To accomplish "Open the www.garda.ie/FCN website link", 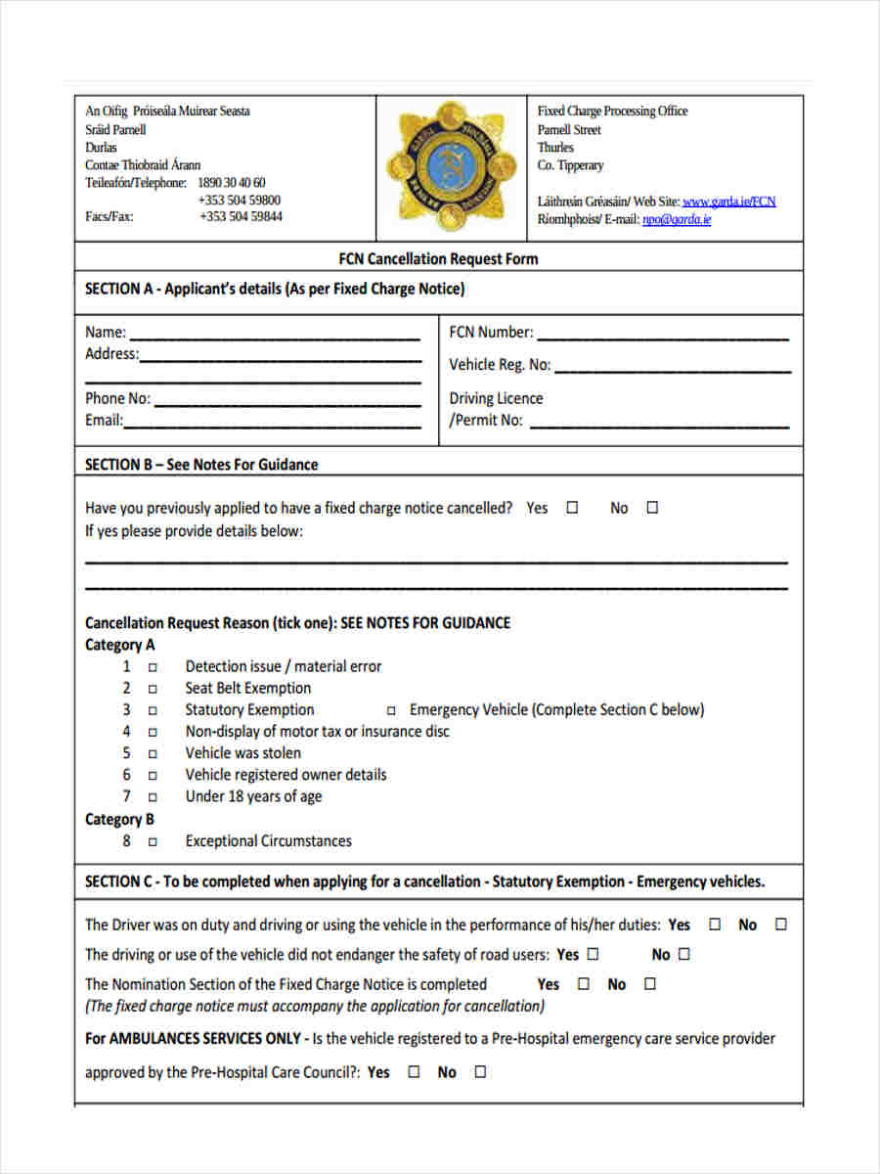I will pos(728,202).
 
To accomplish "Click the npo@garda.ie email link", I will pos(676,220).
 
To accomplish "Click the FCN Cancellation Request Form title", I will pos(438,259).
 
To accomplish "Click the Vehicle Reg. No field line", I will pos(673,370).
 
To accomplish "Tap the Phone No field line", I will pos(287,403).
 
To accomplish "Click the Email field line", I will pos(273,426).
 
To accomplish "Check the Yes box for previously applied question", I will pos(573,508).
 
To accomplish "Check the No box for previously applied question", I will pos(653,508).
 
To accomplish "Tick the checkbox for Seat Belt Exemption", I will pos(153,689).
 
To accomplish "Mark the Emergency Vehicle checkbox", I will pos(391,711).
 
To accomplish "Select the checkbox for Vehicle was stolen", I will pos(153,754).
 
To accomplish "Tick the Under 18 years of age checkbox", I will pos(153,797).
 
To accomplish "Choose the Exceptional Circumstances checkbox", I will pos(153,841).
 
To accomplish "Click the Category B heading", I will pos(119,820).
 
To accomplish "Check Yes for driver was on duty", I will pos(715,925).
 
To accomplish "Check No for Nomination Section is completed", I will pos(651,984).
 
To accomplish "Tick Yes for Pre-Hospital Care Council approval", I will pos(414,1072).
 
